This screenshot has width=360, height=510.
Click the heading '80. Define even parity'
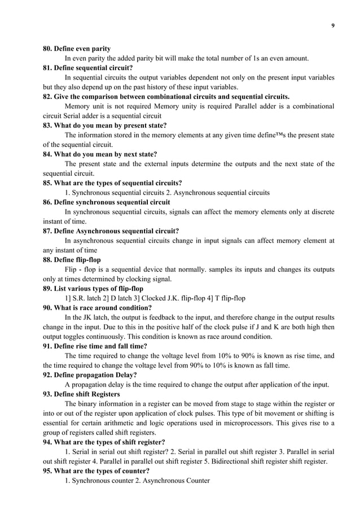[77, 49]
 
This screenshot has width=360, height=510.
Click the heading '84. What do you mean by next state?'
[100, 154]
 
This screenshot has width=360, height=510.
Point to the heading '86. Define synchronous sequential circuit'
[107, 202]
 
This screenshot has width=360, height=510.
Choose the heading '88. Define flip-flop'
[73, 259]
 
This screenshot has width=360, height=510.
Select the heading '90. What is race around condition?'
[98, 308]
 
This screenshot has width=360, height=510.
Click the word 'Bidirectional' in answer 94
[210, 461]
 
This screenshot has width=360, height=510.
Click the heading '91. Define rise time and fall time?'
[95, 346]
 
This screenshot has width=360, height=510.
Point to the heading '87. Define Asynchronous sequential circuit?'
[111, 230]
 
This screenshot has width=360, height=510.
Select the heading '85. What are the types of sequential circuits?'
[113, 182]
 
